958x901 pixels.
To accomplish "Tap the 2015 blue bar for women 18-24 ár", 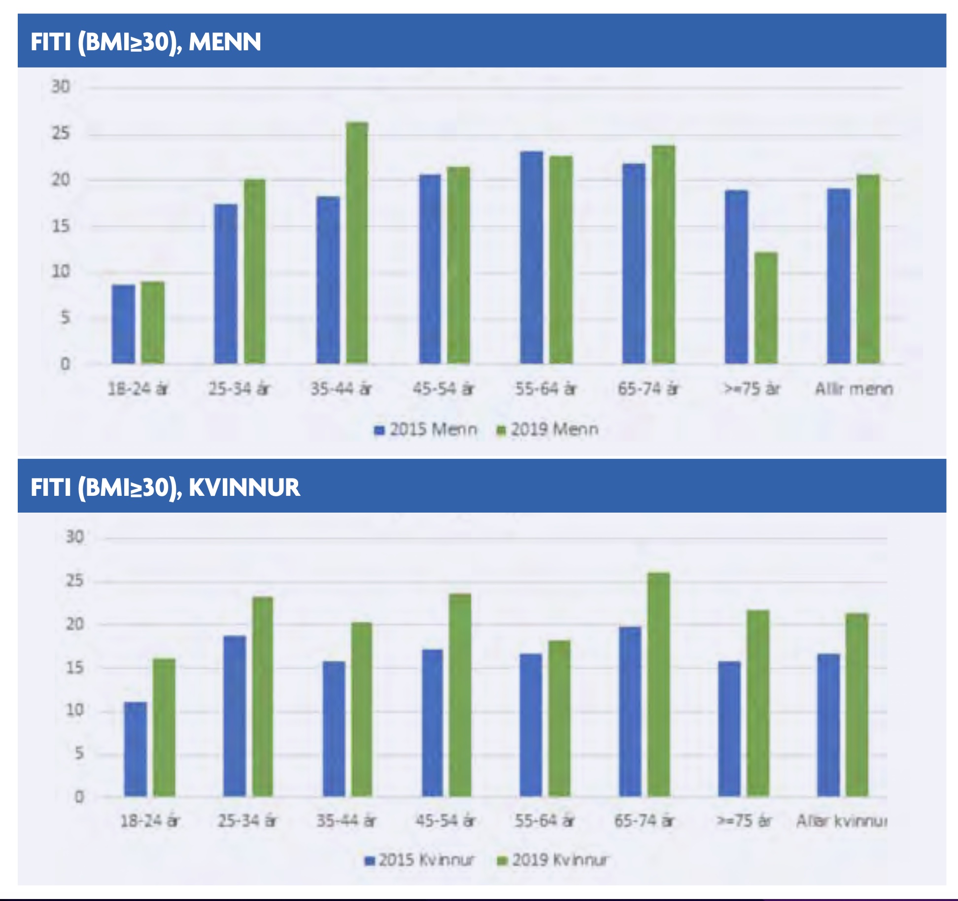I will coord(135,749).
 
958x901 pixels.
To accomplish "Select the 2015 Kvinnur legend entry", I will coord(419,860).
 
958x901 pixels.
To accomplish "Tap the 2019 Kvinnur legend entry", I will coord(553,860).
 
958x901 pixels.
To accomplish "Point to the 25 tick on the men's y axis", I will coord(61,133).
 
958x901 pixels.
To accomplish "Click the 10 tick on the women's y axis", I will coord(75,710).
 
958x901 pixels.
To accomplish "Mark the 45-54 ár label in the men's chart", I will coord(443,389).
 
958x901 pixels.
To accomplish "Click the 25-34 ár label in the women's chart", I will coord(247,821).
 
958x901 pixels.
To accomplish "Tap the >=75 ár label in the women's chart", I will coord(744,821).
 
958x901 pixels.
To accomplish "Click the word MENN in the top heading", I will coord(225,42).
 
